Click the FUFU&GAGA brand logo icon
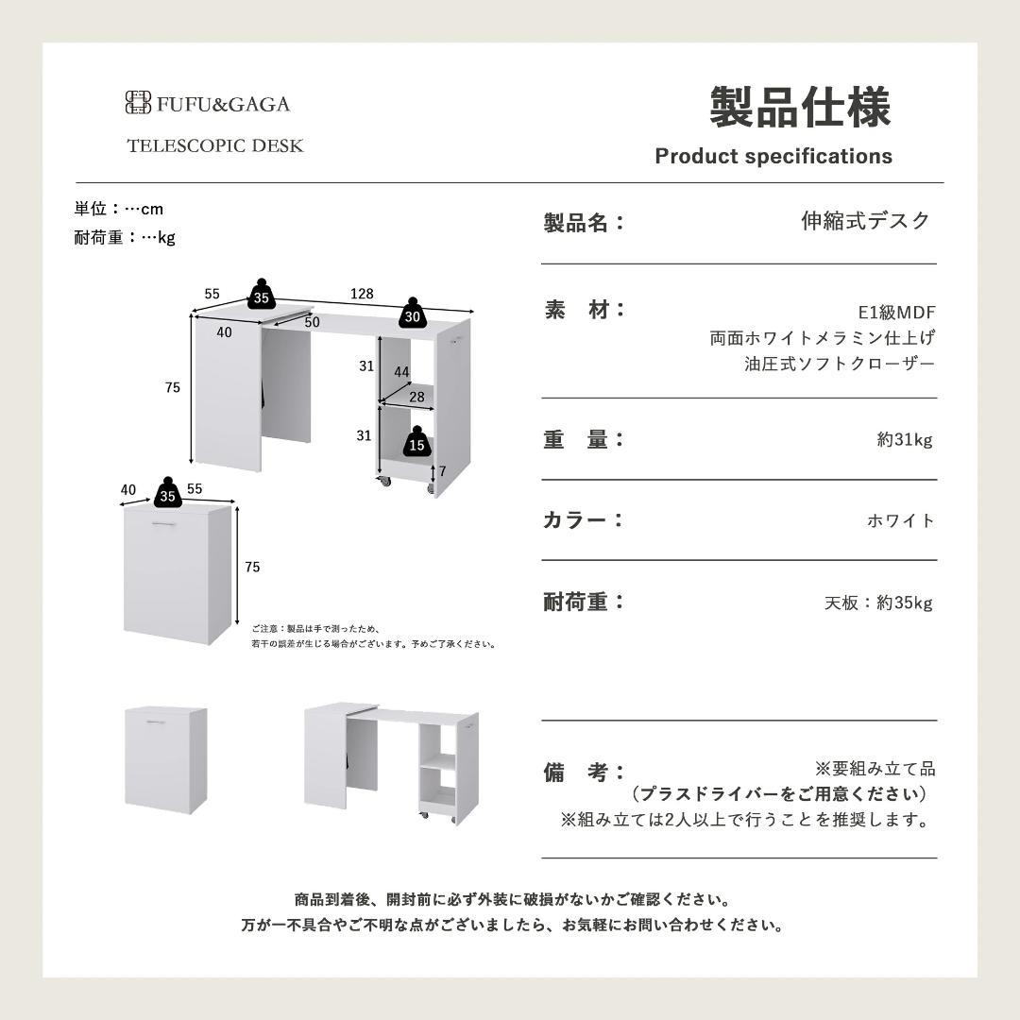coord(138,103)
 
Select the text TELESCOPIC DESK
coord(215,145)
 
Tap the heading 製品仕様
coord(800,107)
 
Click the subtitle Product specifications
coord(773,156)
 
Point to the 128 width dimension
coord(362,294)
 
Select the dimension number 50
coord(312,322)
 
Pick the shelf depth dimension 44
coord(401,372)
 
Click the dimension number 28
coord(416,397)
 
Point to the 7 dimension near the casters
coord(441,471)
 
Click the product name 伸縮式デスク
coord(865,221)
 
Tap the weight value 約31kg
coord(904,439)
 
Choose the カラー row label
coord(584,520)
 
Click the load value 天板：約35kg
coord(877,603)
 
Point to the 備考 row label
coord(584,773)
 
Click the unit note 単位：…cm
coord(119,209)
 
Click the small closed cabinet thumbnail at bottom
coord(165,759)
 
